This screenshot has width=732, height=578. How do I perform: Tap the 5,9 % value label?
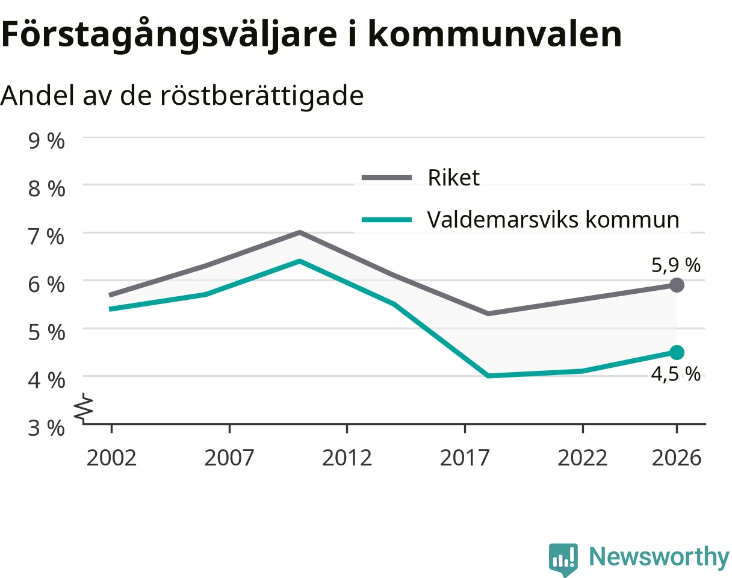(x=675, y=266)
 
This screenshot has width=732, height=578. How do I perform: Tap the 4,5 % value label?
(x=675, y=374)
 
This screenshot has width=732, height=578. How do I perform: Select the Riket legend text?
(x=453, y=178)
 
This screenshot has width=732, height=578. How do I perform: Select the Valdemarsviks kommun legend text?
(x=553, y=220)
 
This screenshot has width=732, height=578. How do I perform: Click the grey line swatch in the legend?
(x=386, y=178)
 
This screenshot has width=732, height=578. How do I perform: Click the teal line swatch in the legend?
(x=386, y=220)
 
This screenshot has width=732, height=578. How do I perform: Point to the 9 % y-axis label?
(x=46, y=141)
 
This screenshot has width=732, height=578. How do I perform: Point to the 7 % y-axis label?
(x=46, y=237)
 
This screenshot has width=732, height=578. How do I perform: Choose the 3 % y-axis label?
(x=46, y=428)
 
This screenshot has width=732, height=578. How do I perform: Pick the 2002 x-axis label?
(x=111, y=458)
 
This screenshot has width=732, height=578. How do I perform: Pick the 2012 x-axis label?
(x=347, y=458)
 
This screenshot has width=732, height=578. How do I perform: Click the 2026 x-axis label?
(x=677, y=458)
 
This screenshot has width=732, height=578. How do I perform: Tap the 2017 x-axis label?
(x=465, y=458)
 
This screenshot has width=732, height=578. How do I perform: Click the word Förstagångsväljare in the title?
(x=169, y=35)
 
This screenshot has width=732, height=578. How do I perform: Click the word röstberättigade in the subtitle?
(x=262, y=96)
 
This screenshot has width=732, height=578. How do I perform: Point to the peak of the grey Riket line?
(x=300, y=232)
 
